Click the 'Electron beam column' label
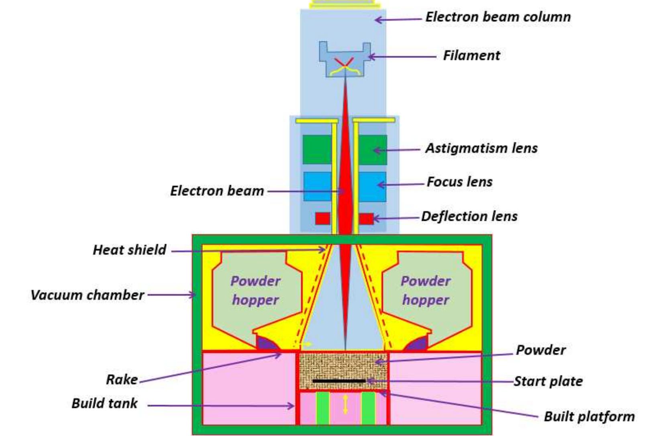pyautogui.click(x=498, y=17)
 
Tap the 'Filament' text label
pyautogui.click(x=471, y=55)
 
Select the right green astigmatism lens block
pyautogui.click(x=373, y=150)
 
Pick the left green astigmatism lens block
pyautogui.click(x=317, y=150)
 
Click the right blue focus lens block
pyautogui.click(x=372, y=187)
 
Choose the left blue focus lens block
pyautogui.click(x=317, y=187)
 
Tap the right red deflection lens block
pyautogui.click(x=366, y=219)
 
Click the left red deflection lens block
pyautogui.click(x=322, y=219)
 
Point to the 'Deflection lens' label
pyautogui.click(x=469, y=216)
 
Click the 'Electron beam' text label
pyautogui.click(x=217, y=191)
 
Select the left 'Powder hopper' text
pyautogui.click(x=255, y=290)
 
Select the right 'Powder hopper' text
pyautogui.click(x=426, y=290)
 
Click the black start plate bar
pyautogui.click(x=339, y=381)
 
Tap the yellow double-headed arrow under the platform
pyautogui.click(x=345, y=404)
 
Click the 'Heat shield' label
pyautogui.click(x=129, y=250)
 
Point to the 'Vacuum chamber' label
pyautogui.click(x=87, y=295)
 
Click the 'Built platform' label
pyautogui.click(x=589, y=416)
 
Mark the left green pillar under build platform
pyautogui.click(x=322, y=407)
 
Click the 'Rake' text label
pyautogui.click(x=122, y=379)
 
